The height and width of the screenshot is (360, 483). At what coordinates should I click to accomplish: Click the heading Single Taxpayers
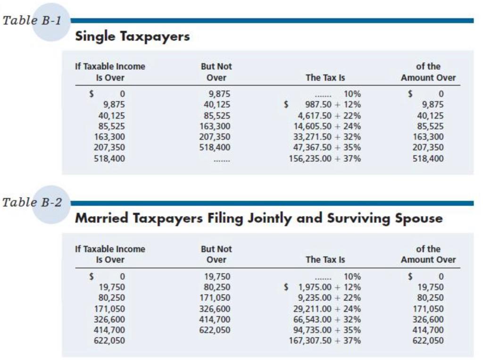pyautogui.click(x=132, y=36)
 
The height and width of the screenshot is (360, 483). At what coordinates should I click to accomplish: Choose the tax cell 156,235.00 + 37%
pyautogui.click(x=325, y=159)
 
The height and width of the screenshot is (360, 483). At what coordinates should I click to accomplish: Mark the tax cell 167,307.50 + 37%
pyautogui.click(x=325, y=340)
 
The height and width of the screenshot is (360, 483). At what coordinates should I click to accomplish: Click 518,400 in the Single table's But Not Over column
pyautogui.click(x=216, y=148)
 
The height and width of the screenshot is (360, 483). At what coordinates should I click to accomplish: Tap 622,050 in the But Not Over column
pyautogui.click(x=216, y=329)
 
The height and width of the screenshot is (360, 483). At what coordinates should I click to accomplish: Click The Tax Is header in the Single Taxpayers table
pyautogui.click(x=325, y=78)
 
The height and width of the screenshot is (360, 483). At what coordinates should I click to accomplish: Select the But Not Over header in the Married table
pyautogui.click(x=216, y=254)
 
